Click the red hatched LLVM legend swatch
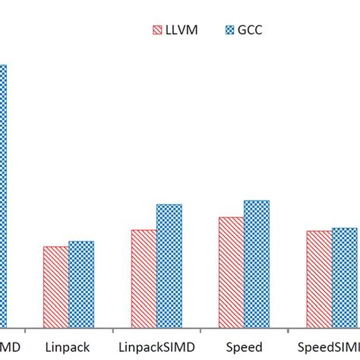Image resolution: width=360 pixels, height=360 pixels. click(x=157, y=31)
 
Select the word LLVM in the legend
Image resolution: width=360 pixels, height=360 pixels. click(x=182, y=31)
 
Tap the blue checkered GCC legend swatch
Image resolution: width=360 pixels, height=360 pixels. click(x=230, y=31)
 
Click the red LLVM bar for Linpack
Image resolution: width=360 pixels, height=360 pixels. click(x=55, y=287)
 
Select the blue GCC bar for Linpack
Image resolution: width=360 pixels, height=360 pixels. click(x=81, y=285)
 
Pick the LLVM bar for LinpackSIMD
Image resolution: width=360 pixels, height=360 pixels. click(x=144, y=279)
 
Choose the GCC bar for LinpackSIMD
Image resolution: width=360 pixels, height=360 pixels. click(x=169, y=266)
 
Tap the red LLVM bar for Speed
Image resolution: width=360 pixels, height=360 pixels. click(x=232, y=273)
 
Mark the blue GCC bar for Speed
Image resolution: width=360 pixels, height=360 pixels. click(x=257, y=264)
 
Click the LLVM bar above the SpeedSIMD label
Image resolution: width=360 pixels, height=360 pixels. click(x=319, y=279)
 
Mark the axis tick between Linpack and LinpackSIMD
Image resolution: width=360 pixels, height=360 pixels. click(x=112, y=330)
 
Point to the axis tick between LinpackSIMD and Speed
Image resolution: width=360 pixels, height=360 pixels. click(x=201, y=330)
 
